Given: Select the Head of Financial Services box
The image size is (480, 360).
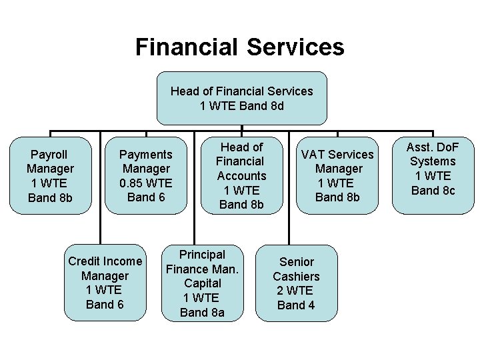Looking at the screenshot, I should pos(241,99).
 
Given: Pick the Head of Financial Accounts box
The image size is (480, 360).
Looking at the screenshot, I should pos(242,176).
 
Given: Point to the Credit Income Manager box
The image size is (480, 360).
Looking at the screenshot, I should pos(105,283).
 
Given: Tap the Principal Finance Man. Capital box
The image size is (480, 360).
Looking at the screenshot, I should pos(203,283).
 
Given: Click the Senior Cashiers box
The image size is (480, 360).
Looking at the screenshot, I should pos(296,283).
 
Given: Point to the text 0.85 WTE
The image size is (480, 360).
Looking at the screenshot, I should pos(146,183).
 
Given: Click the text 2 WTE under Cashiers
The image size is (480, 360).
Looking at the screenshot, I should pos(295,291).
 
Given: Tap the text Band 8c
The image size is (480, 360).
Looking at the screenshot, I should pos(433,191).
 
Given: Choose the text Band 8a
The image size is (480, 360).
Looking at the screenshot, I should pos(202,312).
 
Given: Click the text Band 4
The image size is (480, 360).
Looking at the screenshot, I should pos(296,305).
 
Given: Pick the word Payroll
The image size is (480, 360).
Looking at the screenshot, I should pos(50,155).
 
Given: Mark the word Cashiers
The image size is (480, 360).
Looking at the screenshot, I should pos(296,276).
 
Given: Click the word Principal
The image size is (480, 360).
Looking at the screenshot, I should pos(203,255).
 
